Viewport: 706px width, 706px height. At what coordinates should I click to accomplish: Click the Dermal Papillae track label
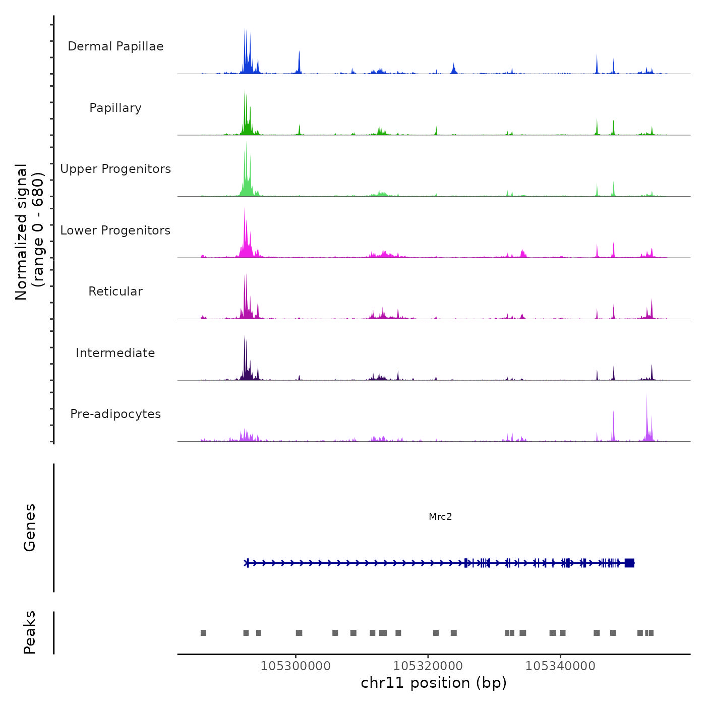(x=115, y=46)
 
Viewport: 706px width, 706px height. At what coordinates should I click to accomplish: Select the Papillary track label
(x=115, y=108)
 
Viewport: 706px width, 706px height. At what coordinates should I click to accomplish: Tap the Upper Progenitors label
(x=115, y=169)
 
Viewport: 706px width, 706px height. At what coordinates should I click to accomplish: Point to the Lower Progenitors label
(x=115, y=230)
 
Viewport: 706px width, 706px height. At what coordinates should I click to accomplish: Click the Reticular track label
(x=115, y=291)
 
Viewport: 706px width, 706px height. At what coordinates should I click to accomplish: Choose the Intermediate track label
(x=115, y=353)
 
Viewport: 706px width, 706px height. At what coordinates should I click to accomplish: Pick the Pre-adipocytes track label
(x=115, y=414)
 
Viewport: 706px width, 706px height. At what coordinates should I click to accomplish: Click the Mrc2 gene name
(x=440, y=516)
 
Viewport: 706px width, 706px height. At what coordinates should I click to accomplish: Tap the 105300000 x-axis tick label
(x=296, y=666)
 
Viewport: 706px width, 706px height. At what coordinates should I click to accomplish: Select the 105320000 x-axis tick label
(x=428, y=666)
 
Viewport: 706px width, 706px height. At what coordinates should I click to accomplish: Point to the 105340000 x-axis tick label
(x=560, y=666)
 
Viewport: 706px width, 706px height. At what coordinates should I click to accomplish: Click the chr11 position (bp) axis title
(x=434, y=683)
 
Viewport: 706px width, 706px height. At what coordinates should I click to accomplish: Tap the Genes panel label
(x=30, y=527)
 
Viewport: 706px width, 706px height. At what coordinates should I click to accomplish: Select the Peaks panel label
(x=30, y=632)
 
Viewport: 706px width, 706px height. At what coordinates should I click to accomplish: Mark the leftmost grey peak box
(x=203, y=633)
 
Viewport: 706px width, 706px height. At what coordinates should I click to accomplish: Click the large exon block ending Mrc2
(x=629, y=563)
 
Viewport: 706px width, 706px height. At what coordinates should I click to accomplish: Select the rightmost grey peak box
(x=651, y=633)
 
